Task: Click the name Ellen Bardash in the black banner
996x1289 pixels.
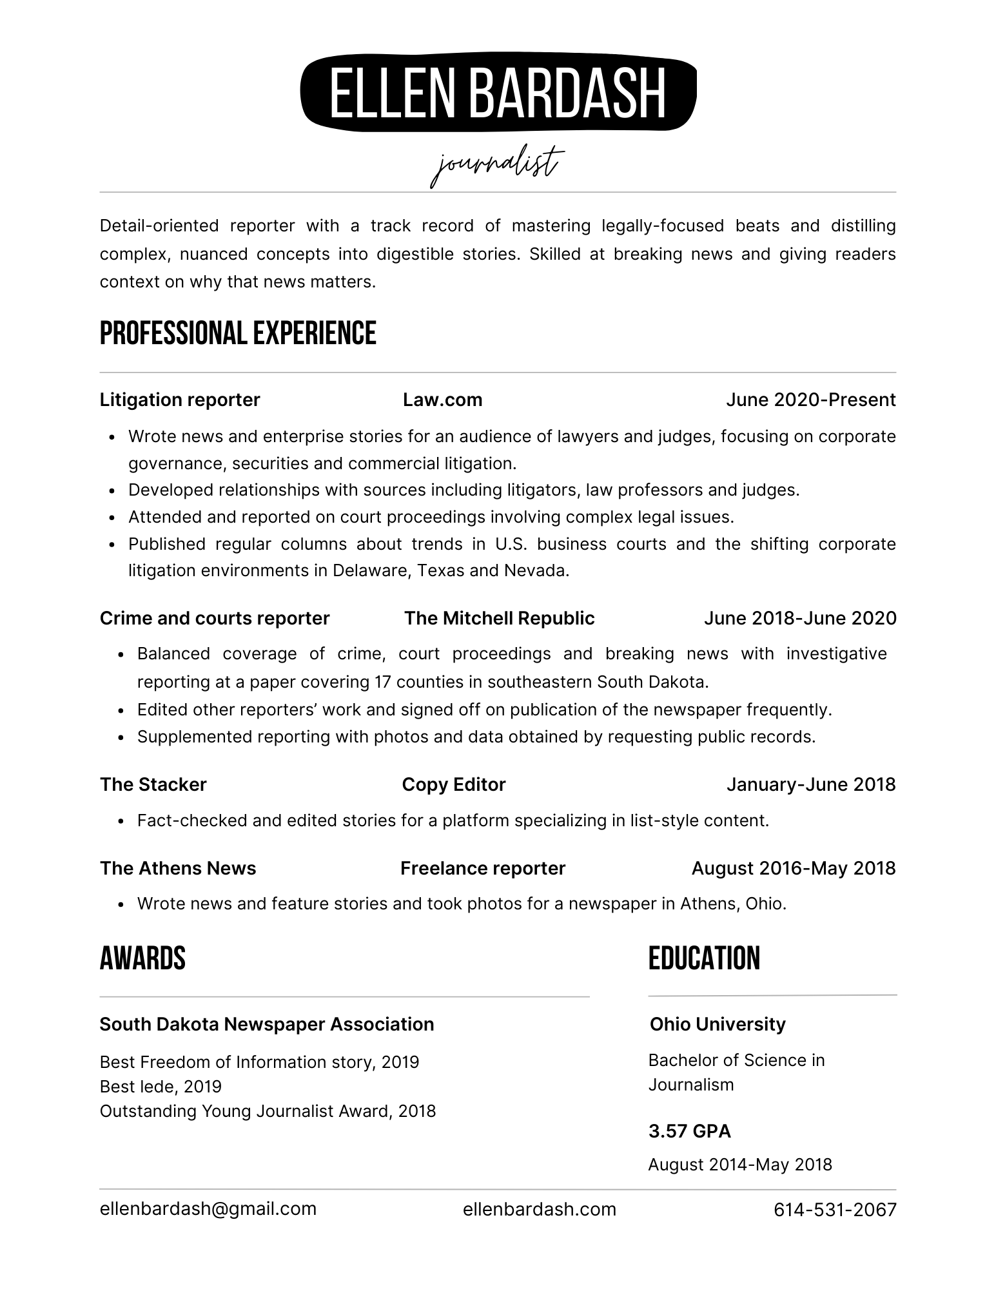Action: pyautogui.click(x=498, y=93)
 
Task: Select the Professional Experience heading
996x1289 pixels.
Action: pyautogui.click(x=238, y=333)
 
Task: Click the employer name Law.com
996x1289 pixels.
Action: pyautogui.click(x=442, y=400)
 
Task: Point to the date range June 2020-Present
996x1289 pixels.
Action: pyautogui.click(x=810, y=400)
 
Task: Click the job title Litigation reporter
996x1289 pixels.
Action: pyautogui.click(x=180, y=400)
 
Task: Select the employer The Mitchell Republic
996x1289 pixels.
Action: pyautogui.click(x=499, y=618)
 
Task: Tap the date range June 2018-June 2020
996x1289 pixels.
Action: pyautogui.click(x=799, y=618)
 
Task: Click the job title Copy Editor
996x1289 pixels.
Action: pyautogui.click(x=453, y=784)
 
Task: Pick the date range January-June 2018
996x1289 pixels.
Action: pyautogui.click(x=810, y=784)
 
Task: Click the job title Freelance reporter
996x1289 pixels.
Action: pyautogui.click(x=482, y=868)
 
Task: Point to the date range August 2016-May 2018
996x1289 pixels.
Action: pyautogui.click(x=793, y=868)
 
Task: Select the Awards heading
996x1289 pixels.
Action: pyautogui.click(x=142, y=958)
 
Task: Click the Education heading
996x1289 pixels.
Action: pyautogui.click(x=704, y=958)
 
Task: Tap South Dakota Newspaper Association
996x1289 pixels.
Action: pyautogui.click(x=266, y=1024)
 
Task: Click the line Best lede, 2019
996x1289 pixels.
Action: pyautogui.click(x=161, y=1087)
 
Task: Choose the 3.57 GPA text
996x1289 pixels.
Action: pyautogui.click(x=689, y=1131)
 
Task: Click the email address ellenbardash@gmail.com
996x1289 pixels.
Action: pyautogui.click(x=208, y=1209)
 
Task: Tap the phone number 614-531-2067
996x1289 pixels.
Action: pyautogui.click(x=835, y=1210)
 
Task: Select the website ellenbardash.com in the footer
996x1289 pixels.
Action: pyautogui.click(x=539, y=1210)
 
